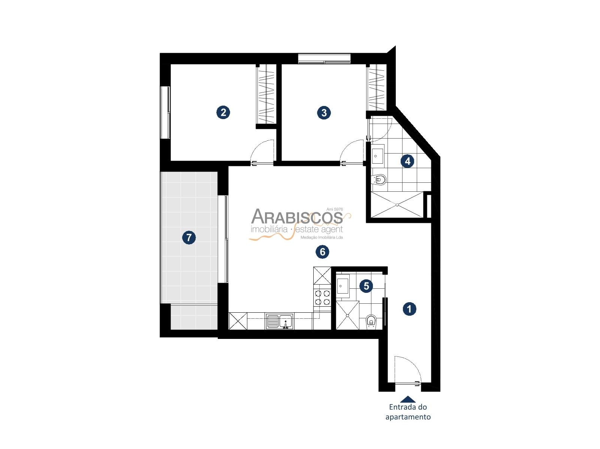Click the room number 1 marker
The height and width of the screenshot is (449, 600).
point(409,309)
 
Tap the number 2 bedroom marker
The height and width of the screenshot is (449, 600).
point(223,112)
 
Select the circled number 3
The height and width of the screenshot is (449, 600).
point(324,112)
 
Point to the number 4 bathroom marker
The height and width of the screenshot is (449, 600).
point(407,161)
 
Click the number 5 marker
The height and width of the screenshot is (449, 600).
point(366,286)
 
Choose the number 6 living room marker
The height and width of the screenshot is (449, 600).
point(322,252)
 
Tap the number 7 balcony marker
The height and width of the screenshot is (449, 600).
point(189,237)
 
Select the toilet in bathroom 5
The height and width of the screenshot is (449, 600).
point(371,321)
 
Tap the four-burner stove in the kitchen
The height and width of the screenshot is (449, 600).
point(322,297)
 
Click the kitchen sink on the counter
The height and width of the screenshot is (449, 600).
point(279,321)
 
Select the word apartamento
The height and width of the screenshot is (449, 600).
point(408,417)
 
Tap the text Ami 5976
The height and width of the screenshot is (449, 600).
point(335,209)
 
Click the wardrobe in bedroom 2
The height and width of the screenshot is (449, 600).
point(266,94)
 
